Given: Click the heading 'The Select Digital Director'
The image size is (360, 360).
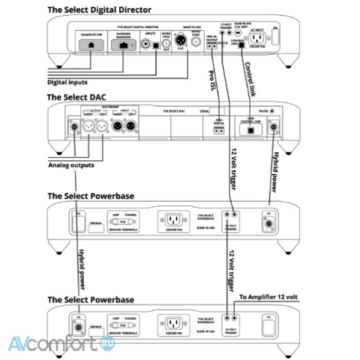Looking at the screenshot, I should (99, 10).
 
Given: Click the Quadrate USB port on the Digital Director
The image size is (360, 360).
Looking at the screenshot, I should (90, 44).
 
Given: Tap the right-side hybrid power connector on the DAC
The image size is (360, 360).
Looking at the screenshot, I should (276, 127).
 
